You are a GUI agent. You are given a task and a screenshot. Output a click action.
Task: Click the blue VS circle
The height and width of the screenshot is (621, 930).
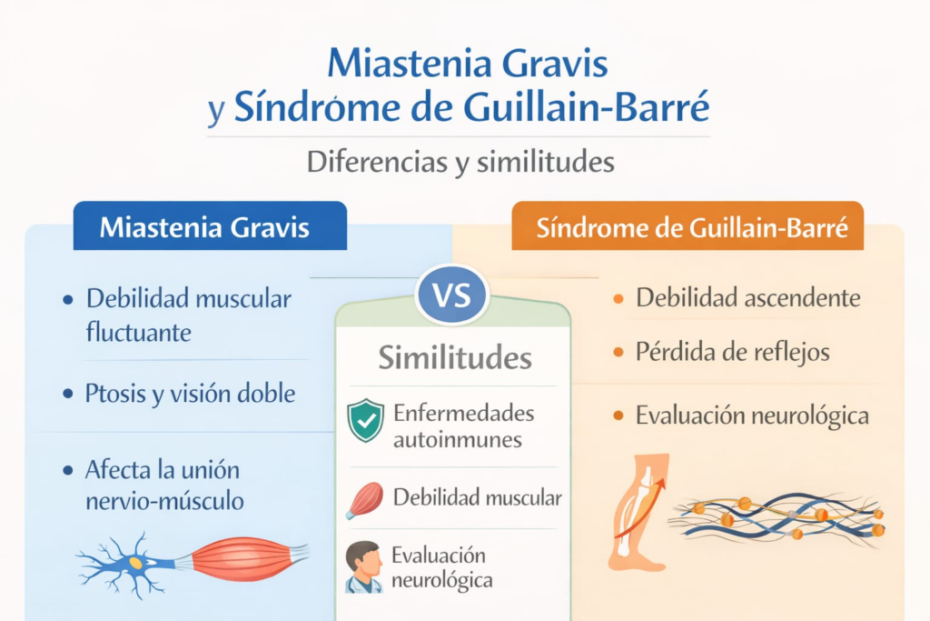tap(451, 295)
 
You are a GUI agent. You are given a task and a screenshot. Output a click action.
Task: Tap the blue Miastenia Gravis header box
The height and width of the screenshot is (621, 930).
tap(210, 225)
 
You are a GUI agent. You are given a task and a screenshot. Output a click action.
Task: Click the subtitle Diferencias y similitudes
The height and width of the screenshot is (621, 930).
tap(461, 162)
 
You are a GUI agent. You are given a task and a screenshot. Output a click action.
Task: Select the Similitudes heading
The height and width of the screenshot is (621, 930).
tap(455, 357)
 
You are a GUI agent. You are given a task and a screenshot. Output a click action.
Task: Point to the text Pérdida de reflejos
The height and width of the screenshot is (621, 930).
tap(733, 353)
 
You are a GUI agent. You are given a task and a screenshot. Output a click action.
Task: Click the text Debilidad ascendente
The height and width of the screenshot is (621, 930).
tap(748, 297)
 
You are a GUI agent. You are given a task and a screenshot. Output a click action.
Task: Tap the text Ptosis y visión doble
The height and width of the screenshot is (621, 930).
tap(191, 394)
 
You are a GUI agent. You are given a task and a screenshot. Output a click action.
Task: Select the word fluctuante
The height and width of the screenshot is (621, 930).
tap(139, 332)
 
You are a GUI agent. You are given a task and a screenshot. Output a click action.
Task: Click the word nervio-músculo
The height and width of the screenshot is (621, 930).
tap(164, 500)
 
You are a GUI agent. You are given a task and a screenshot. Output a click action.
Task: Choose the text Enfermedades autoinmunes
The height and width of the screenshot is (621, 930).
tap(463, 426)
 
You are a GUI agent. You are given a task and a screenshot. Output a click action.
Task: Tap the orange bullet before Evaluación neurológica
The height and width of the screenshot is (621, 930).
tap(618, 416)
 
